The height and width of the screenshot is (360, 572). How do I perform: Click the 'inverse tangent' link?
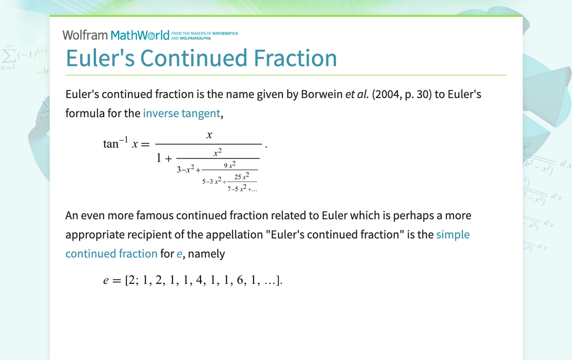pos(182,113)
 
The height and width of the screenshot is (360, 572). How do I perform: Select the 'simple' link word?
pos(453,235)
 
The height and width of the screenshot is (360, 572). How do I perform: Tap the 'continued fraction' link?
pos(111,254)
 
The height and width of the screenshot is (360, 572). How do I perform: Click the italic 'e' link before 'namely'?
pos(180,254)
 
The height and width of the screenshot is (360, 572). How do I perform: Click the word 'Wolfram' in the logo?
pos(85,35)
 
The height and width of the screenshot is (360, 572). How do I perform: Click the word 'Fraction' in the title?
pos(295,58)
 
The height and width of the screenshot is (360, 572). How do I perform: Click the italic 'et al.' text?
pos(357,94)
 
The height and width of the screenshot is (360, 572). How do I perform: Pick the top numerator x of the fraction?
pos(209,135)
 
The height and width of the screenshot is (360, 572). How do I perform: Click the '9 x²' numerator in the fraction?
pos(230,165)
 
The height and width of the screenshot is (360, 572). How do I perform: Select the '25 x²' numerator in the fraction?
pos(242,177)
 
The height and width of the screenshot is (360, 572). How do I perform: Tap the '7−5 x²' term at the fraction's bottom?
pos(237,188)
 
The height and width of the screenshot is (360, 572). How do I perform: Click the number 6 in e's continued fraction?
pos(240,280)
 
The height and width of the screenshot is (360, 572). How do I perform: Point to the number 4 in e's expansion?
pos(199,280)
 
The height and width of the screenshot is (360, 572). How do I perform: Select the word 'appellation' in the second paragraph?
pos(234,235)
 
